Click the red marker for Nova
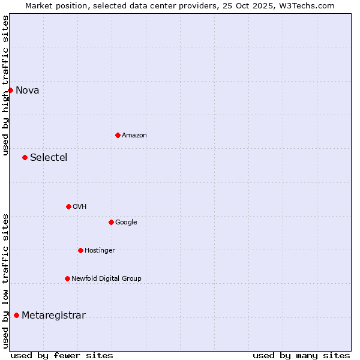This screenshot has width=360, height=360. [x=10, y=90]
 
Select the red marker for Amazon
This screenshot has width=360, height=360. [x=118, y=135]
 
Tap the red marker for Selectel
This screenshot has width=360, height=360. [x=25, y=157]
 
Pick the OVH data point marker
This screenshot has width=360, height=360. [x=68, y=206]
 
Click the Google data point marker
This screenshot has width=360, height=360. [x=111, y=222]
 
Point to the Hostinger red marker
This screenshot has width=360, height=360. [x=80, y=250]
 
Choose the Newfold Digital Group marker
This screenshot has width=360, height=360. [x=67, y=278]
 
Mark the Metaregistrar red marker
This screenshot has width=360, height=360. [x=16, y=315]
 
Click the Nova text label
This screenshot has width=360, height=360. [x=28, y=91]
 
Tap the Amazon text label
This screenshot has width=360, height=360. [x=134, y=136]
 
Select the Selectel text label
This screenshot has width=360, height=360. [x=49, y=158]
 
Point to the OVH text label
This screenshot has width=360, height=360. [x=80, y=207]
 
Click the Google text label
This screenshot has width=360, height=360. [x=126, y=223]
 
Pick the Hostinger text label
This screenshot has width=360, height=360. [x=100, y=251]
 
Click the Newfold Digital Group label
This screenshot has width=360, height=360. [x=106, y=279]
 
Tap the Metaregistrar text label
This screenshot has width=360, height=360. [x=53, y=316]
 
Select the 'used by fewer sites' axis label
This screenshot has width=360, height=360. [x=62, y=355]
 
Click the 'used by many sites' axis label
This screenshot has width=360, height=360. [x=301, y=355]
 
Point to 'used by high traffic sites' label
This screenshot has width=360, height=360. [x=5, y=85]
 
